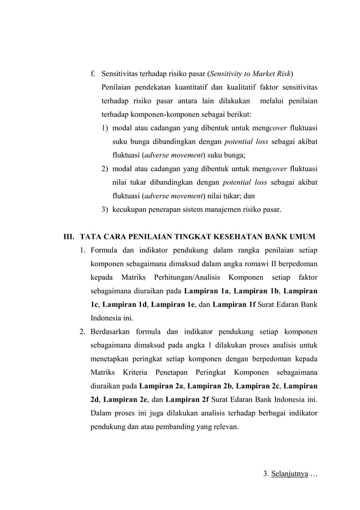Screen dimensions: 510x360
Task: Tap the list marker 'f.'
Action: click(x=93, y=73)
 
